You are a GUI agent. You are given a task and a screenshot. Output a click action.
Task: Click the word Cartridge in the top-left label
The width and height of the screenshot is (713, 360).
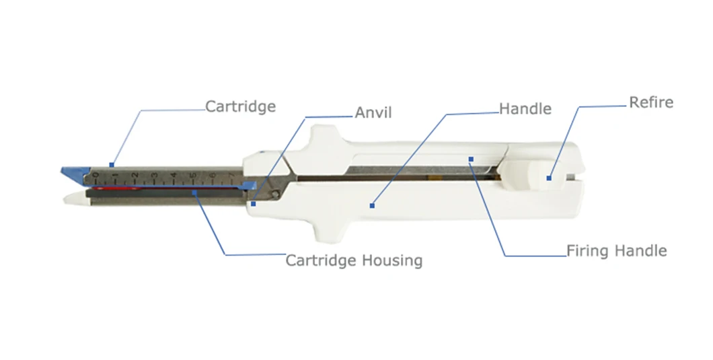click(240, 106)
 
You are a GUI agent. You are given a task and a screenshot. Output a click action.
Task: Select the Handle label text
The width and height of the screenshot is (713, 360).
click(525, 108)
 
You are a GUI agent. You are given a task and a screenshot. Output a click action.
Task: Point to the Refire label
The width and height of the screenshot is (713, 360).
click(650, 103)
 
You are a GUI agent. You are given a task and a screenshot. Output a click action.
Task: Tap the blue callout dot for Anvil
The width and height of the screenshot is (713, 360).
click(253, 203)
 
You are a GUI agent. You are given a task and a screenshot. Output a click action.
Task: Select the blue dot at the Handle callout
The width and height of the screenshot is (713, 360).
click(372, 204)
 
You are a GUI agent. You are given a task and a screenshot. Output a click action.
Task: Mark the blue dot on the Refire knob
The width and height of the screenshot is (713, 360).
click(550, 178)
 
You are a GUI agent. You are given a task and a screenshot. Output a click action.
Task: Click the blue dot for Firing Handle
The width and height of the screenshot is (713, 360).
click(471, 159)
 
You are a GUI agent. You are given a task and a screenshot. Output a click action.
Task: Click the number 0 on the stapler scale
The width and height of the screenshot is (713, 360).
click(96, 177)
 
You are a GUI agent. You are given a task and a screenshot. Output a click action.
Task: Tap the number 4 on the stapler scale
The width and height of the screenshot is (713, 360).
click(174, 177)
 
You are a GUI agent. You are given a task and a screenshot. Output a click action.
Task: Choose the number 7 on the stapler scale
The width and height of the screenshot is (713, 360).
click(232, 177)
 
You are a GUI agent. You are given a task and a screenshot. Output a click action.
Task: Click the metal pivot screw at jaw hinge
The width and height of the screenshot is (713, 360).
click(276, 194)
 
